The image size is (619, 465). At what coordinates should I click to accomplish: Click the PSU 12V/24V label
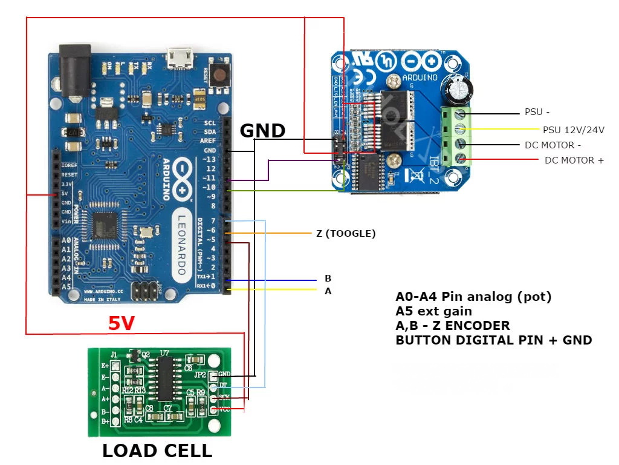[574, 130]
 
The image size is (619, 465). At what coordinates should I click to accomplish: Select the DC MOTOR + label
[574, 160]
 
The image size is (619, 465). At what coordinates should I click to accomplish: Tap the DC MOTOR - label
[553, 145]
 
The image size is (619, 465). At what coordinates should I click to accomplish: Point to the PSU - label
[537, 113]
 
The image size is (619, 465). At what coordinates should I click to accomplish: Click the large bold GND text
[262, 130]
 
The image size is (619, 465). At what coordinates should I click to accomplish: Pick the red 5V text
[122, 324]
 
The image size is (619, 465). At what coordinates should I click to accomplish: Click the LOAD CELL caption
[157, 451]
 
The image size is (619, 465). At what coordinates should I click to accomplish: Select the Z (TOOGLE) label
[346, 233]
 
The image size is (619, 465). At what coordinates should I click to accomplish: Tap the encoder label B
[328, 279]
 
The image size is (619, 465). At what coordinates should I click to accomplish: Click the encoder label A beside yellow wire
[328, 291]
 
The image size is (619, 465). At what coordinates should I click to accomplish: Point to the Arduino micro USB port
[180, 58]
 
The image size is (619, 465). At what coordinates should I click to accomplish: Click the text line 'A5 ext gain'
[433, 311]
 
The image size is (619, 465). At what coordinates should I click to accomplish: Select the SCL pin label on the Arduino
[209, 122]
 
